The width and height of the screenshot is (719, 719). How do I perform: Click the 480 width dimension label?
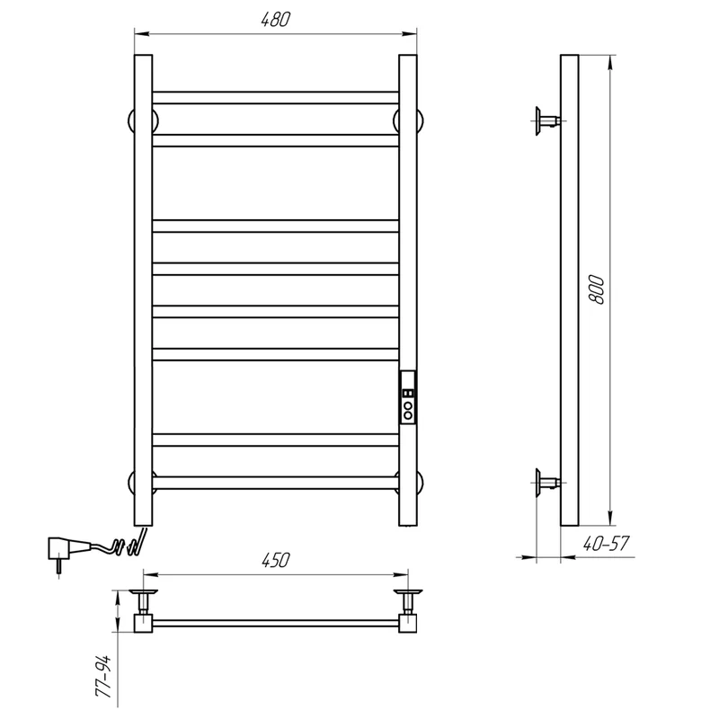pyautogui.click(x=275, y=19)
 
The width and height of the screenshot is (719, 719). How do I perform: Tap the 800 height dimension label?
pyautogui.click(x=596, y=289)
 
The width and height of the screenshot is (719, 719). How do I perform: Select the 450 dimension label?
pyautogui.click(x=275, y=560)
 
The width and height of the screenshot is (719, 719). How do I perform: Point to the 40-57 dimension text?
pyautogui.click(x=606, y=544)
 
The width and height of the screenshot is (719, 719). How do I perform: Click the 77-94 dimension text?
pyautogui.click(x=103, y=677)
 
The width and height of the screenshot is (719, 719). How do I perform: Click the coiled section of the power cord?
pyautogui.click(x=127, y=546)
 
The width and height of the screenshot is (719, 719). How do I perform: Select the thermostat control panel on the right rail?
pyautogui.click(x=408, y=397)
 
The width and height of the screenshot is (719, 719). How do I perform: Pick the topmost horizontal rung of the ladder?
pyautogui.click(x=275, y=97)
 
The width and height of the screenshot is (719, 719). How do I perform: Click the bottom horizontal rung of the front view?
pyautogui.click(x=275, y=483)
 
